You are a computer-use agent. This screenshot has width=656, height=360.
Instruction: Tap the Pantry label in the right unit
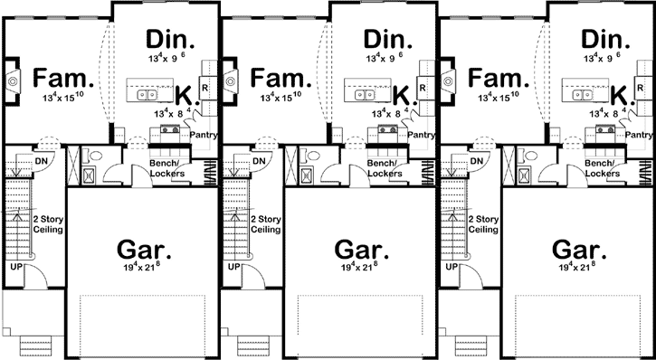pos(640,135)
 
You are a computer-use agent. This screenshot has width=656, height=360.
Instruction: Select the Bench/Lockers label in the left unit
pos(168,167)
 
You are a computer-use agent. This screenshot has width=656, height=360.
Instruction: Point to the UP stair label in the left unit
pos(16,268)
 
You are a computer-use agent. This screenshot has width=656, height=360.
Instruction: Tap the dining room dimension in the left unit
pos(168,58)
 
